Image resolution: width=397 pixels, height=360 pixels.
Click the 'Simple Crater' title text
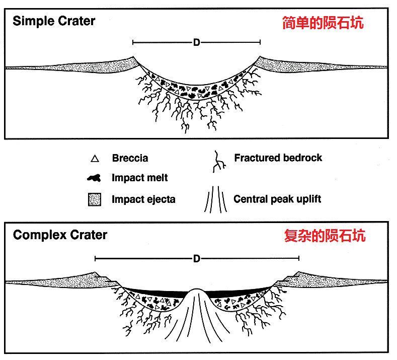[x=54, y=21]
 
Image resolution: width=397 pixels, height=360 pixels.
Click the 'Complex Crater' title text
[x=60, y=235]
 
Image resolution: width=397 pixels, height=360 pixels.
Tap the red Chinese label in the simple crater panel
[x=322, y=23]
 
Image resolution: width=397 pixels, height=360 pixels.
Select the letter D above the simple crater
[x=197, y=43]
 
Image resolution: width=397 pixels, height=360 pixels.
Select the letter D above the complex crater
[x=197, y=259]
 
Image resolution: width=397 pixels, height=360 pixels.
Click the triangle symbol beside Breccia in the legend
[x=93, y=159]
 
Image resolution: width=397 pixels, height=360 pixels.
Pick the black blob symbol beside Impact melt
[x=93, y=178]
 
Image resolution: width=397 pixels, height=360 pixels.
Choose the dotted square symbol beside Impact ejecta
[x=94, y=199]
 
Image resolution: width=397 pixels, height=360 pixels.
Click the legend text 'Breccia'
[x=130, y=159]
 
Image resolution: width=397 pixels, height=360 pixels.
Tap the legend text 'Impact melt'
[x=139, y=178]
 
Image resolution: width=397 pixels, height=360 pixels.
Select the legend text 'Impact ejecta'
[x=143, y=199]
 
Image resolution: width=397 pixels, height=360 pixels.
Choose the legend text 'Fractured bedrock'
[x=278, y=158]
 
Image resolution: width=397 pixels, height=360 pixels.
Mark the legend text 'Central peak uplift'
[x=277, y=199]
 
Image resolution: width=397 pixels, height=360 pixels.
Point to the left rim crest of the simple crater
[x=133, y=57]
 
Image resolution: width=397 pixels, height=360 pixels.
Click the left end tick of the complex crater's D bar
[x=95, y=259]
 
